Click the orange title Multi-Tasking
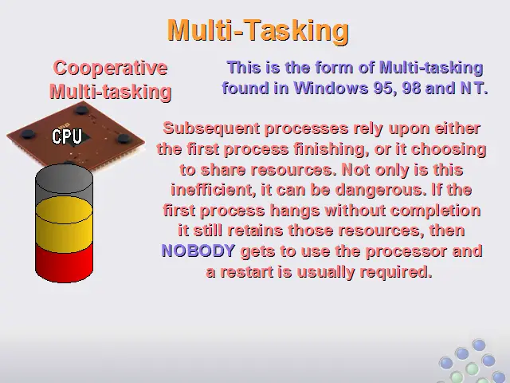(258, 30)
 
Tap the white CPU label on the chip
(67, 136)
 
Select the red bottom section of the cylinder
(64, 263)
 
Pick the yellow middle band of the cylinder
(64, 224)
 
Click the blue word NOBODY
(198, 251)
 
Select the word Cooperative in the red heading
(110, 68)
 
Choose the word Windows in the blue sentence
(331, 88)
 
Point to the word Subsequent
(211, 128)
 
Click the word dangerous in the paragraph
(381, 190)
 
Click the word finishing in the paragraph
(331, 149)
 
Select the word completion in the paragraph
(435, 211)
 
